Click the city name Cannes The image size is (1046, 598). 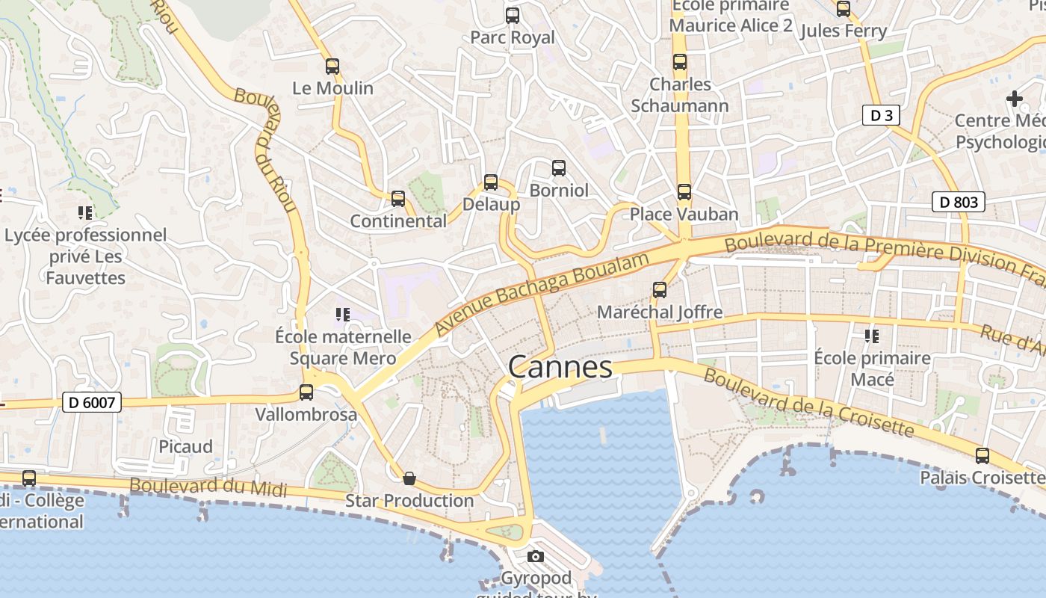[560, 367]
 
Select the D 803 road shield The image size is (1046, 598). [959, 202]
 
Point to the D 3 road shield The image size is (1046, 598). [882, 115]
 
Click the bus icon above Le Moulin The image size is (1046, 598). [332, 67]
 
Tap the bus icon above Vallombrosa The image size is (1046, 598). [306, 392]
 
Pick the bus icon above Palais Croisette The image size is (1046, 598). [982, 455]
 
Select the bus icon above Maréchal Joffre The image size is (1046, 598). [660, 289]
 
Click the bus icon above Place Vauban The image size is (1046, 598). [684, 192]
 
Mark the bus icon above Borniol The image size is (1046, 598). [558, 168]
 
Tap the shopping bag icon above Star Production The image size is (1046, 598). [409, 478]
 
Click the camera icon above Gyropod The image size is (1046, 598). [536, 556]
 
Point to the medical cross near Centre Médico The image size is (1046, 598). [1014, 98]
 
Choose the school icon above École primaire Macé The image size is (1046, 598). [871, 336]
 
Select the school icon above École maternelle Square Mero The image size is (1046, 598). [342, 315]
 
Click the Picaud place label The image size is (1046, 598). [185, 446]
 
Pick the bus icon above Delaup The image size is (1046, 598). [491, 182]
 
